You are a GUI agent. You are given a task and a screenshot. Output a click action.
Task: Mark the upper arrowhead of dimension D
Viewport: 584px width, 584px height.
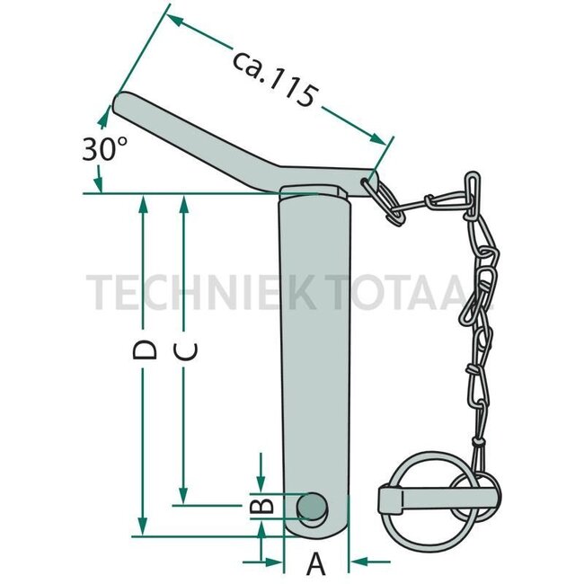pyautogui.click(x=142, y=203)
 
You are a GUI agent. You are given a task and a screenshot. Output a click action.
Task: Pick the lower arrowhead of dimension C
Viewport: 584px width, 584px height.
pyautogui.click(x=183, y=497)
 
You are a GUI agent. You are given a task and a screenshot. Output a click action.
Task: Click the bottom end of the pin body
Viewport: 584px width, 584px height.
pyautogui.click(x=314, y=535)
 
